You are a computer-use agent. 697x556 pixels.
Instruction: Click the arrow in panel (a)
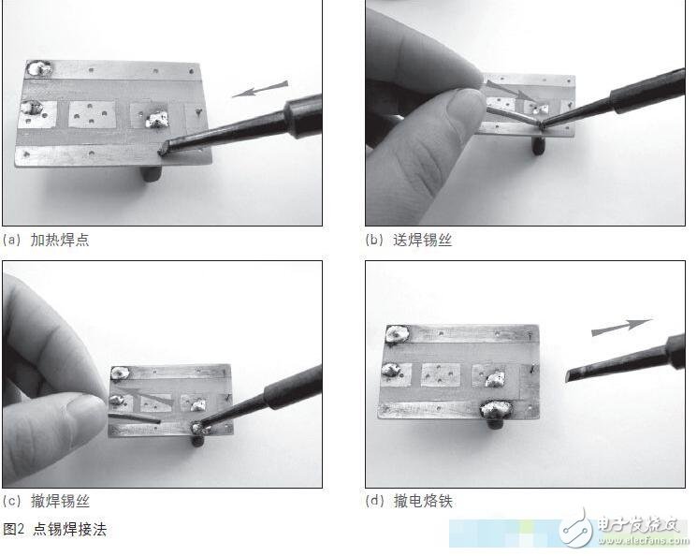pos(259,90)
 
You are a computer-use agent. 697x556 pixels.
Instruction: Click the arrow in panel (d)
pos(621,328)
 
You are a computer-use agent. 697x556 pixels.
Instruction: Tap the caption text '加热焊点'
pos(60,240)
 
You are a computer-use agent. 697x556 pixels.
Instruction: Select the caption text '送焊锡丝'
pos(422,240)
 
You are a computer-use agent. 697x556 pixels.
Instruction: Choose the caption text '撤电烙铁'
pos(422,502)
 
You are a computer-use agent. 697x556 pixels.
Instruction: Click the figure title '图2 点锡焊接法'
pos(55,530)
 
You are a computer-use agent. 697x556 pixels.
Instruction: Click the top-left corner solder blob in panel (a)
pos(41,69)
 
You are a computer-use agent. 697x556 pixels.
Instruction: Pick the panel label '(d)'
pos(373,502)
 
